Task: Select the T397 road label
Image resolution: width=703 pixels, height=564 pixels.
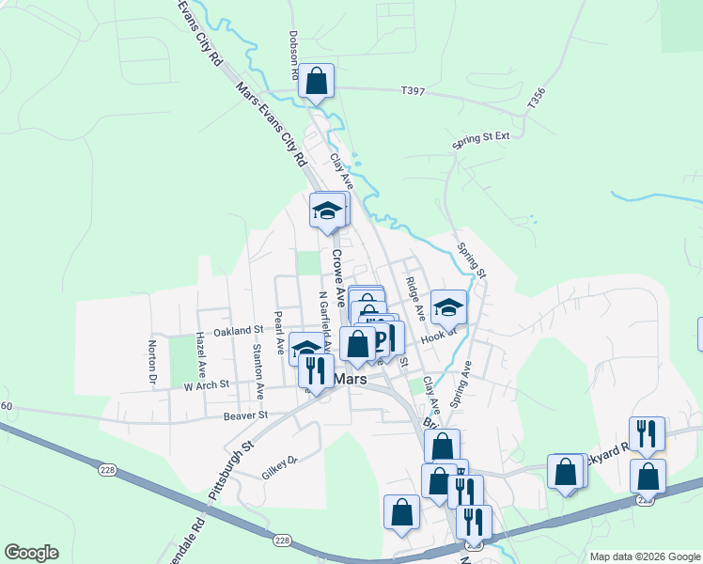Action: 413,91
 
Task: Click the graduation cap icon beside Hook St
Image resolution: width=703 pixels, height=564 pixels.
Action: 449,307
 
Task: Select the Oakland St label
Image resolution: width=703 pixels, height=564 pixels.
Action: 238,331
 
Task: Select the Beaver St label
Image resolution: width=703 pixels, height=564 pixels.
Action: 245,415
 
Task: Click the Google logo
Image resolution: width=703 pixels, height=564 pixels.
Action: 31,553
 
